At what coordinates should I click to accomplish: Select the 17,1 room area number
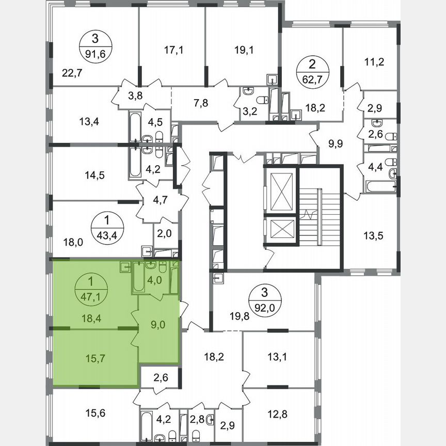[x=173, y=50]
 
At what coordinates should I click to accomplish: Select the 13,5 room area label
[x=374, y=236]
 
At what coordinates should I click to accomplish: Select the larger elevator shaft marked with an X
[x=279, y=189]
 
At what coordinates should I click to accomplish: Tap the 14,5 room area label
[x=94, y=175]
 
